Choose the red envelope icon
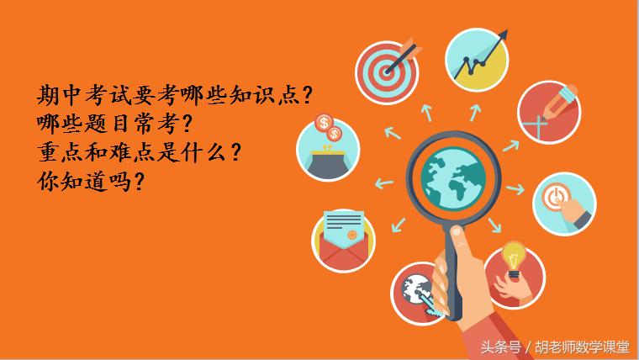click(343, 240)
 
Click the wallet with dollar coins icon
click(329, 150)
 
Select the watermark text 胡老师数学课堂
click(581, 346)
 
